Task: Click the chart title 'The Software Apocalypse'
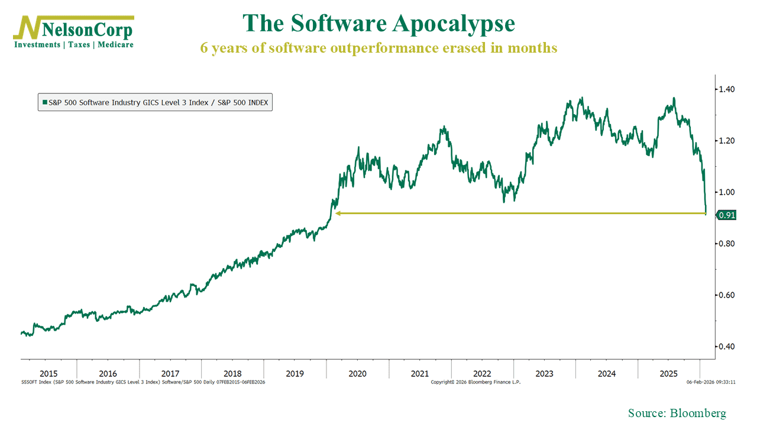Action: click(x=378, y=24)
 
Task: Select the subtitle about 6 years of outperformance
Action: click(x=378, y=48)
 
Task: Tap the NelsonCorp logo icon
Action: click(x=26, y=28)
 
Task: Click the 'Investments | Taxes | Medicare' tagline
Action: click(x=73, y=44)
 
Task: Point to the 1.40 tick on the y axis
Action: click(x=726, y=89)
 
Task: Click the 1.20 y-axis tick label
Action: click(x=726, y=141)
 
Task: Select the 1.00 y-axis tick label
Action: click(x=726, y=192)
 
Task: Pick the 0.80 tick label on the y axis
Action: click(x=726, y=244)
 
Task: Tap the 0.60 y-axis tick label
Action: click(x=726, y=295)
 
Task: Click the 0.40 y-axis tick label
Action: click(x=726, y=347)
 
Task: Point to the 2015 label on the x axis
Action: click(x=48, y=374)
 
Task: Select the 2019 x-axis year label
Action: click(x=295, y=374)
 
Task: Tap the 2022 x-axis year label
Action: click(x=482, y=374)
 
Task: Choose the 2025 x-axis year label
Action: click(x=669, y=374)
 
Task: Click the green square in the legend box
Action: click(x=44, y=102)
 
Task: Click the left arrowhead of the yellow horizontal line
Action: click(x=338, y=213)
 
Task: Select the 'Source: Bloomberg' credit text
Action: click(x=677, y=413)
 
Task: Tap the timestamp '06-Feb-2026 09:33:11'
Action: click(x=711, y=382)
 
